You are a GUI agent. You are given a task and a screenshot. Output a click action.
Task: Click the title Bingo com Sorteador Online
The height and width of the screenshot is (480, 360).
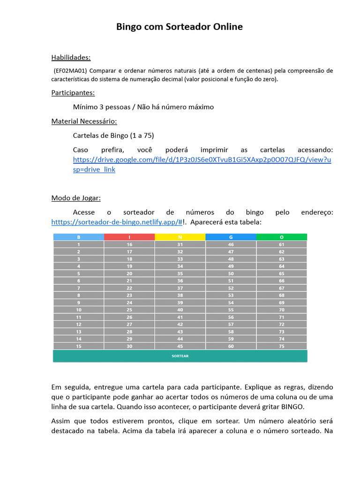coord(180,27)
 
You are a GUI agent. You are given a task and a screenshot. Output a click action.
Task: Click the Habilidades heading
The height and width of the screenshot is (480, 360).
coord(71,58)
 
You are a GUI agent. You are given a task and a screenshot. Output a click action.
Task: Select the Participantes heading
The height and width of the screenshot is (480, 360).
coord(73,93)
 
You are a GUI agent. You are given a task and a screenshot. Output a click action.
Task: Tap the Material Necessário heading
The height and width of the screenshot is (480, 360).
coord(84,121)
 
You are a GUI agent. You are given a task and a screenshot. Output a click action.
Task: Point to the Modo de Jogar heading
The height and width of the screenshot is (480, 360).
coord(76,198)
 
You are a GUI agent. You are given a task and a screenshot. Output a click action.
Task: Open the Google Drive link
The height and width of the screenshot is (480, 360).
coord(202,160)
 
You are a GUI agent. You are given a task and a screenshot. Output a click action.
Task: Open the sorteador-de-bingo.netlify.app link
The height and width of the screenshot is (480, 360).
coord(117,222)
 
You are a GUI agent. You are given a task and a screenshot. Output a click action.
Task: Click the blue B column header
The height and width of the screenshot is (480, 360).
coord(78,237)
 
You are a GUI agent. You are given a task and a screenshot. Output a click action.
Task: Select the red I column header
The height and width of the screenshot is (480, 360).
coord(129,237)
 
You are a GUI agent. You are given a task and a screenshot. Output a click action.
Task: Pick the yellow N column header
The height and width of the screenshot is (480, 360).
coord(180,237)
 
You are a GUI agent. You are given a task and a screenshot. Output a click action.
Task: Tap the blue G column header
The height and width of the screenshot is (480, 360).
coord(231,237)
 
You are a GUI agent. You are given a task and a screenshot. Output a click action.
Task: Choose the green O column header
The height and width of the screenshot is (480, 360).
coord(282,237)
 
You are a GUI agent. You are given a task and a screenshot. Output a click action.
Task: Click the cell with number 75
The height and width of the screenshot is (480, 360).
coord(282,346)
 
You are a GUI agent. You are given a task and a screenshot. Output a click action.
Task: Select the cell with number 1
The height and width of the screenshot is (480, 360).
coord(78,245)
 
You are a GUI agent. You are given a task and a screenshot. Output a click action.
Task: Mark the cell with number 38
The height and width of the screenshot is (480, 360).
coord(180,295)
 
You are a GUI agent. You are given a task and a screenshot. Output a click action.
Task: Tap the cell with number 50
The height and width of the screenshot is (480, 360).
coord(231,274)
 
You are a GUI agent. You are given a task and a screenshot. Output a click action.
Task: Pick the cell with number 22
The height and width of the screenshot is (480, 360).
coord(129,288)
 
